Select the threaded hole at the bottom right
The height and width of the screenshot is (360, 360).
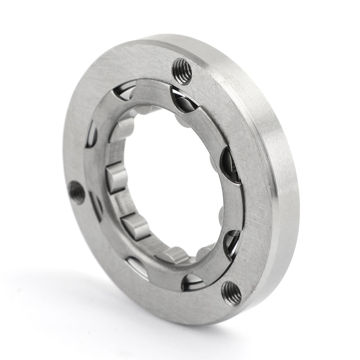(232, 293)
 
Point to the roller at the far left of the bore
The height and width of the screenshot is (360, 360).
(116, 177)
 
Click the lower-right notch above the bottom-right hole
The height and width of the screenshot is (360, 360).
(232, 243)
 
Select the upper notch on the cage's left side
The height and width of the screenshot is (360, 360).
(91, 135)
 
